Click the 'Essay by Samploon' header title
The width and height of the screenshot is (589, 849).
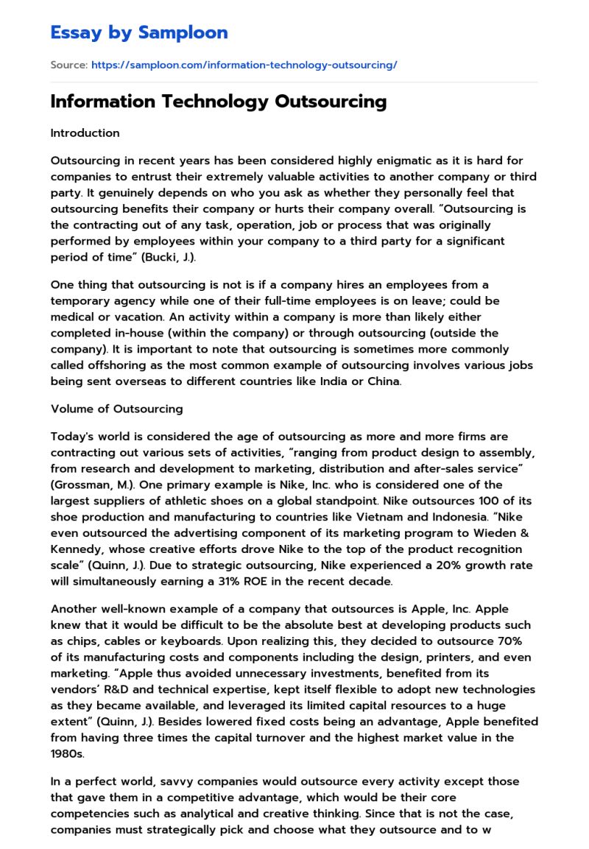coord(139,32)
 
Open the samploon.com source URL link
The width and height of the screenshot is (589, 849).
coord(244,65)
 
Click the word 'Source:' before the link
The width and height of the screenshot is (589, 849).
coord(68,65)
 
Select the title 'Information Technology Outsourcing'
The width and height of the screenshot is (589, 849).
coord(218,102)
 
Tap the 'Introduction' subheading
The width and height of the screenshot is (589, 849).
coord(85,133)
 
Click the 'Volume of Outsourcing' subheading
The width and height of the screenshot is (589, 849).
coord(116,409)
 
